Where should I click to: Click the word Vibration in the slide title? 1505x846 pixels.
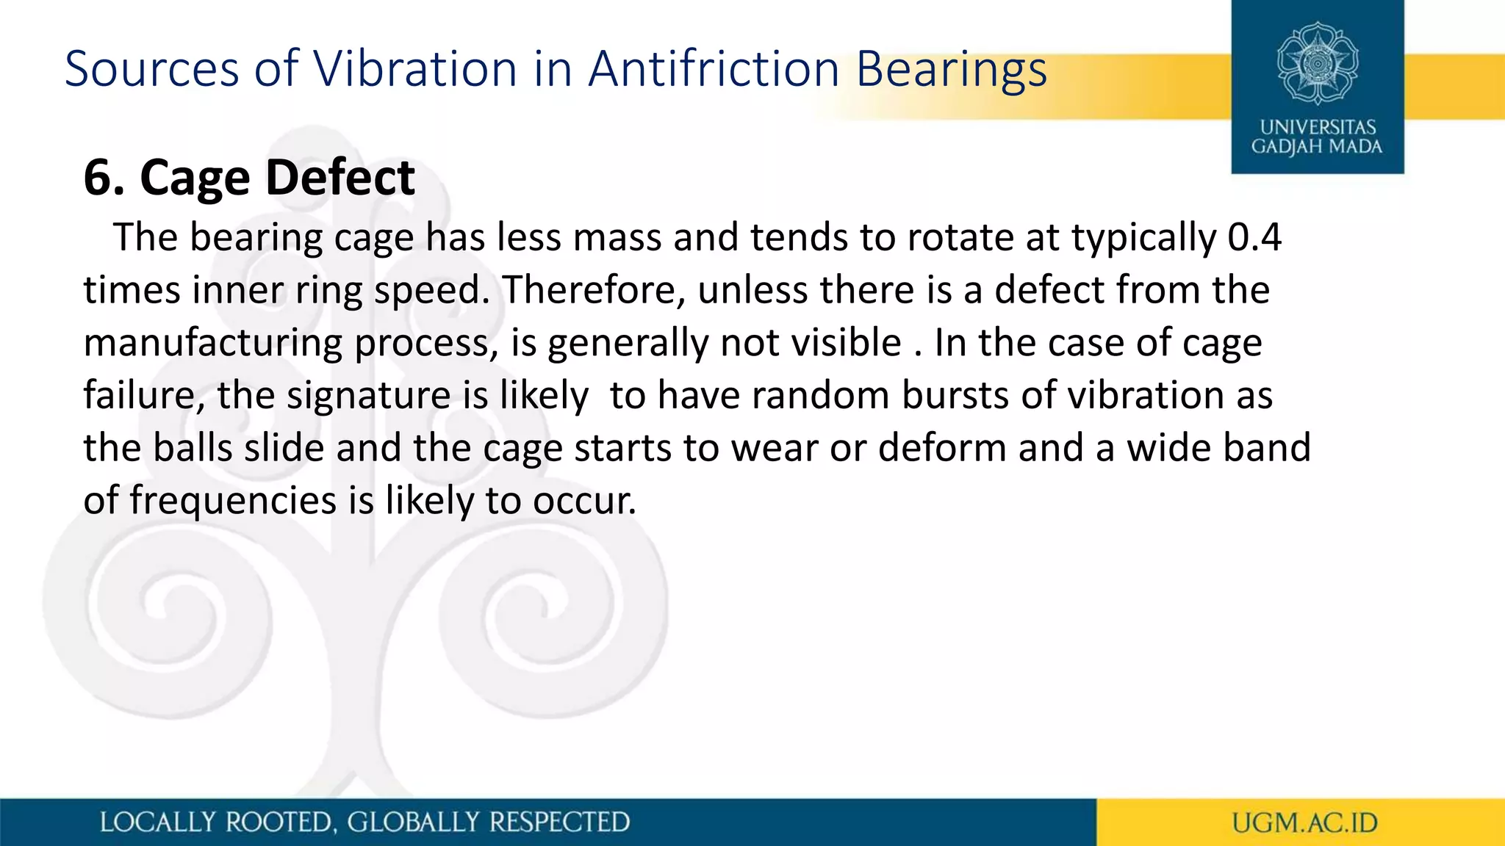click(x=416, y=69)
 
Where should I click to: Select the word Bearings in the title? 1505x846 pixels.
click(x=951, y=70)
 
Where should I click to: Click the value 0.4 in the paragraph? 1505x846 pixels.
click(x=1254, y=237)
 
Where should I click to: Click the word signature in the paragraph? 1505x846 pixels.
click(x=368, y=396)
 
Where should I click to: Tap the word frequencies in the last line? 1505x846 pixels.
click(x=233, y=501)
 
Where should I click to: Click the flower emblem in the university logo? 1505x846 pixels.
click(x=1317, y=63)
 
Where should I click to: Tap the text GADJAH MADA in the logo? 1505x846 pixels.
click(x=1317, y=147)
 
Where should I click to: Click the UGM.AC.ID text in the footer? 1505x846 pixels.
click(x=1304, y=822)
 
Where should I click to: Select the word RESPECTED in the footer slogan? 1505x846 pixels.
click(x=558, y=822)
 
